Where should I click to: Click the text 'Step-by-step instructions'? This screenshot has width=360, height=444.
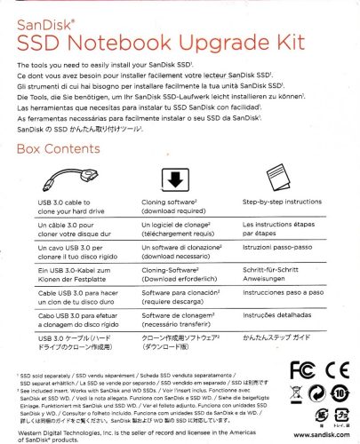click(x=283, y=203)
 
